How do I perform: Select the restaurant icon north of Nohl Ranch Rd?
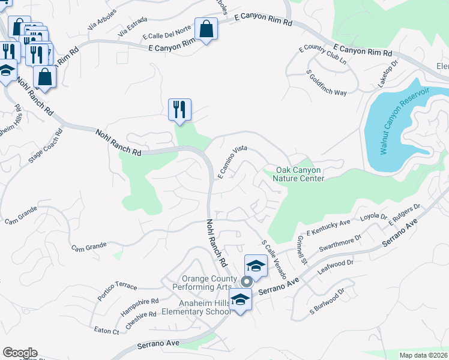tap(179, 110)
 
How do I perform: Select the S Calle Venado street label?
tap(273, 259)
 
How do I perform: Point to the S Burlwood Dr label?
tap(327, 303)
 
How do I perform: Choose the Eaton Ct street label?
tap(106, 330)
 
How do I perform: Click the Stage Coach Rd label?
tap(46, 146)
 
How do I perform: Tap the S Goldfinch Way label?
tap(327, 83)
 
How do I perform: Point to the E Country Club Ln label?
tap(327, 54)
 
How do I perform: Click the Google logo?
tap(20, 353)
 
